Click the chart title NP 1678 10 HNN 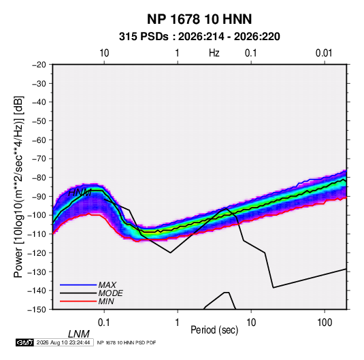[x=199, y=19]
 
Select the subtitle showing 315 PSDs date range [x=199, y=37]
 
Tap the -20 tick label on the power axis [x=39, y=65]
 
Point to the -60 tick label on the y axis [x=39, y=140]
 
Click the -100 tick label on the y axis [x=37, y=215]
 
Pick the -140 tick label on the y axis [x=37, y=291]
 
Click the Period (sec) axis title [x=214, y=330]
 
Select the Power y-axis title [x=18, y=187]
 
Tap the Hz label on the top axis [x=214, y=53]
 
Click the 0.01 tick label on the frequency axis [x=324, y=53]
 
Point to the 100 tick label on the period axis [x=325, y=323]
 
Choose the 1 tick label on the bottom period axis [x=178, y=323]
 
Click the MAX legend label [x=107, y=284]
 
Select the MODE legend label [x=110, y=293]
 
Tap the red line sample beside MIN [x=78, y=301]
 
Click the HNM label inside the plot [x=80, y=193]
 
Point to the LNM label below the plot [x=79, y=334]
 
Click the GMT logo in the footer [x=25, y=342]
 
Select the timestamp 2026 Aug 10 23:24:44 [x=63, y=342]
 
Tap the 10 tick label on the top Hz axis [x=104, y=53]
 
